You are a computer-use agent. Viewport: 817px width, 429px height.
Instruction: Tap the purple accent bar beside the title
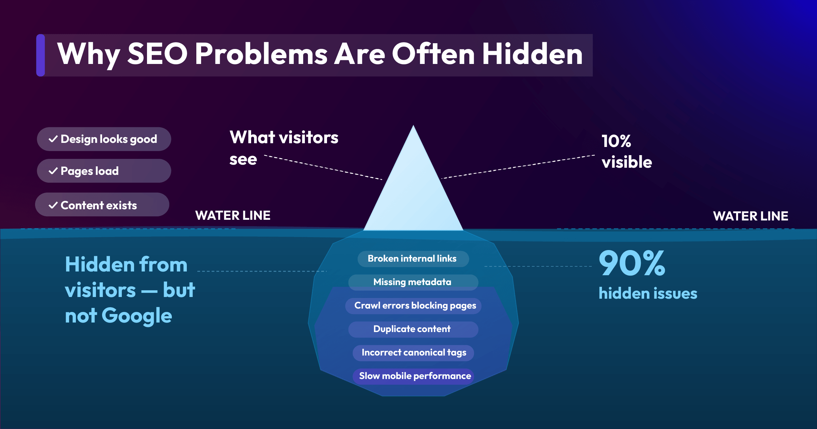(40, 55)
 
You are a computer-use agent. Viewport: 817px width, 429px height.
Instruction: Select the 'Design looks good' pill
(104, 139)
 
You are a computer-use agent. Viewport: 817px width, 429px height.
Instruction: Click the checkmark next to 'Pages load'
(53, 171)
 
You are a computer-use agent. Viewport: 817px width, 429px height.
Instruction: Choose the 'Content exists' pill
(102, 205)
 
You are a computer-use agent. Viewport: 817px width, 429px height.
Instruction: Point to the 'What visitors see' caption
(283, 148)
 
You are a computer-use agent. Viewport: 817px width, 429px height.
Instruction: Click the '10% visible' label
(626, 151)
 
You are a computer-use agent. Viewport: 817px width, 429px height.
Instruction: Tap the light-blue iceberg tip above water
(413, 191)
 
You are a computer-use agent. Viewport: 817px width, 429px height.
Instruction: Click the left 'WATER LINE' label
(233, 215)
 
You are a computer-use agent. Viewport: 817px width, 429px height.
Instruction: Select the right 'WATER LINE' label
(750, 216)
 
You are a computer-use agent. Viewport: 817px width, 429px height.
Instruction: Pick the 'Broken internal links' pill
(413, 259)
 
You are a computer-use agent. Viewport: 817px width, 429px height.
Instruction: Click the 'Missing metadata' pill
(413, 282)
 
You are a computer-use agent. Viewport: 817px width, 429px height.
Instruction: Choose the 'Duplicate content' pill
(413, 329)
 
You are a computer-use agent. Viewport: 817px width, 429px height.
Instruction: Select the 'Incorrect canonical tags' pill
(413, 352)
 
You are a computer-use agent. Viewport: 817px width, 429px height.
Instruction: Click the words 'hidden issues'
(648, 293)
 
